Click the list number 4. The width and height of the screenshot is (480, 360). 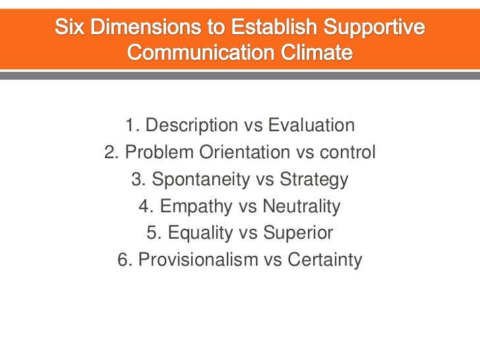[145, 208]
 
